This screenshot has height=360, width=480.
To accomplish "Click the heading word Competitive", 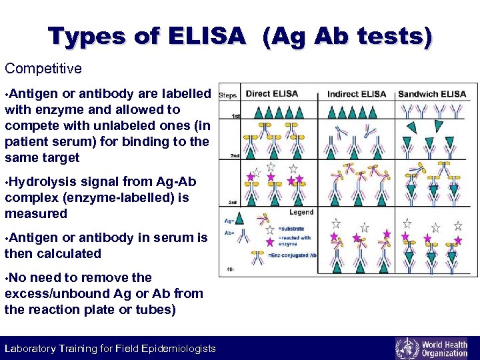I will (43, 69).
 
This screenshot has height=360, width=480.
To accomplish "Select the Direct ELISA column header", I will (271, 94).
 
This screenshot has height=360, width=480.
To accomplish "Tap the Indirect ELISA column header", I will (356, 94).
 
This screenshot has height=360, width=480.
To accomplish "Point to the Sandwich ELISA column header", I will (432, 94).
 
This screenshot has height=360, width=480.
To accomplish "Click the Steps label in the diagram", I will (229, 95).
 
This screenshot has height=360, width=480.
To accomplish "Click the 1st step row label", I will (235, 117).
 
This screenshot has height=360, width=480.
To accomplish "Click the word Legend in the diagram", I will (301, 212).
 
